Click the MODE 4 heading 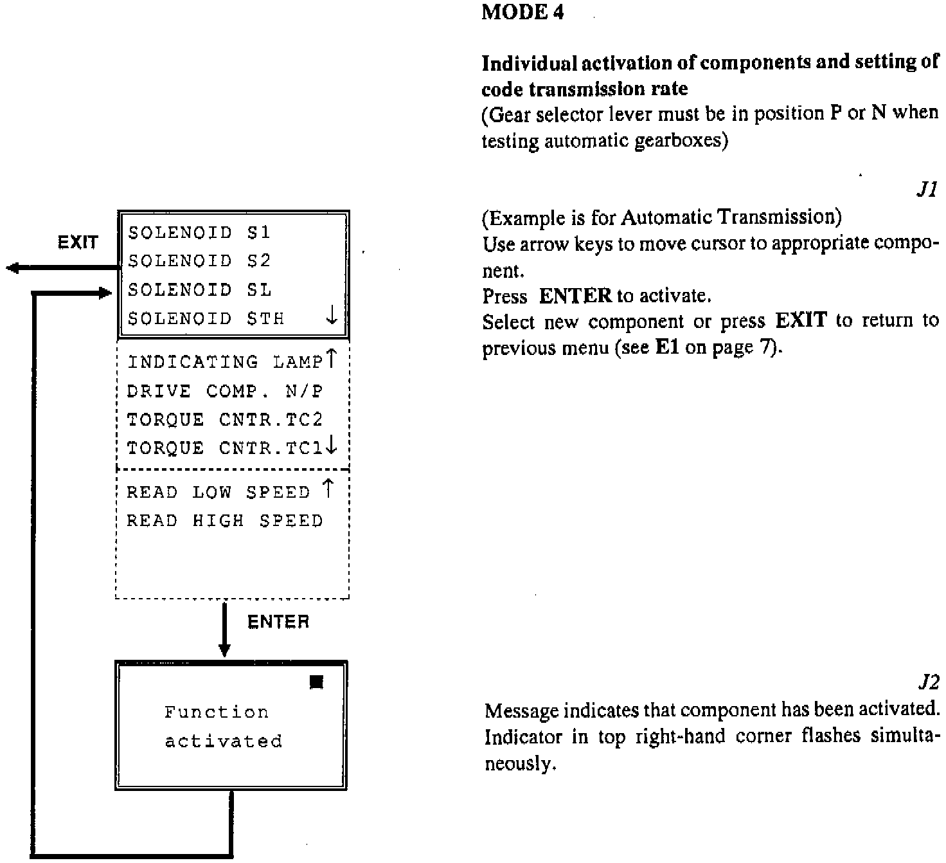tap(522, 13)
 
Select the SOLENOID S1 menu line tap(199, 232)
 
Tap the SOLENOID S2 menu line tap(199, 261)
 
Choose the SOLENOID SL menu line tap(199, 290)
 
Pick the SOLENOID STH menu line tap(206, 318)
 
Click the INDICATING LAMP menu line tap(224, 362)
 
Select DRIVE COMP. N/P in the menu tap(224, 391)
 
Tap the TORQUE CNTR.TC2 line tap(224, 420)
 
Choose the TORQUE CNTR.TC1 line tap(224, 448)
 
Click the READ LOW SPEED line tap(219, 493)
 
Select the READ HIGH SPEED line tap(224, 521)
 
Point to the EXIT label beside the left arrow tap(78, 243)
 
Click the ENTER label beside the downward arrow tap(278, 622)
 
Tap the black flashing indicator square tap(316, 682)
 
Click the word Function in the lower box tap(217, 713)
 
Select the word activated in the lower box tap(223, 741)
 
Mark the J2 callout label tap(927, 682)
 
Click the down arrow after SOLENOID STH tap(332, 315)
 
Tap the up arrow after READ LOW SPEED tap(328, 489)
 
